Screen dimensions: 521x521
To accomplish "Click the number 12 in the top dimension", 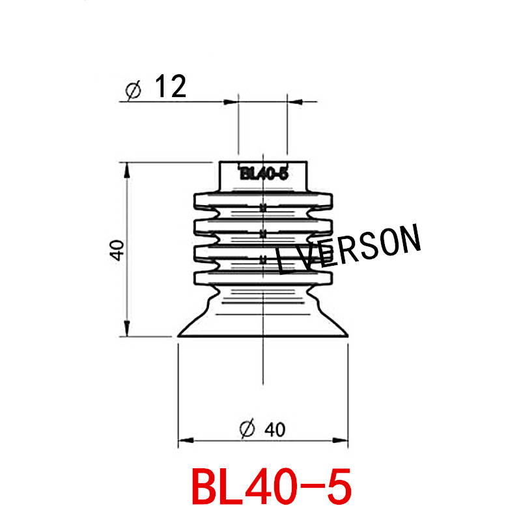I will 170,87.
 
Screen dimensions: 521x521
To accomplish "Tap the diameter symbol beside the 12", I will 132,91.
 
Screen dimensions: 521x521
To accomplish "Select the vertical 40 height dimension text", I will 117,250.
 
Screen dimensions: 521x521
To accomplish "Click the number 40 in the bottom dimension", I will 274,429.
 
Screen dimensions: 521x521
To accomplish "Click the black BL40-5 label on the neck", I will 264,174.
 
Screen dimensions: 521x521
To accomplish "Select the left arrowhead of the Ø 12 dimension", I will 230,102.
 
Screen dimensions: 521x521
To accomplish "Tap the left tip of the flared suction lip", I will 180,335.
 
